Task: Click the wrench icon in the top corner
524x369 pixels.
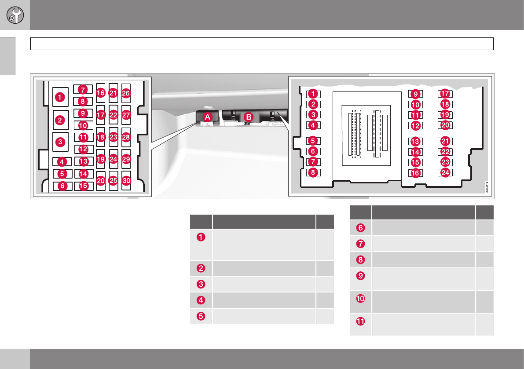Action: point(15,15)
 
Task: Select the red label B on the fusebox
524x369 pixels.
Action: point(249,117)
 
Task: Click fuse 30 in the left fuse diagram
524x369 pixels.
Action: point(126,181)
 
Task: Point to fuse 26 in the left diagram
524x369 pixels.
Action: point(126,93)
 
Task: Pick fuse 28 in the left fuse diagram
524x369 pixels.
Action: point(126,137)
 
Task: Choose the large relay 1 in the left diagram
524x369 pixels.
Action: point(61,97)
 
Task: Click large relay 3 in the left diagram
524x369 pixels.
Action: point(61,142)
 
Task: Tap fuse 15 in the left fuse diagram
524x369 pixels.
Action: point(83,186)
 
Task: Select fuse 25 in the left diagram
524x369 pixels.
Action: point(113,180)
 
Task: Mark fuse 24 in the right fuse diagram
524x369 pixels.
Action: point(445,172)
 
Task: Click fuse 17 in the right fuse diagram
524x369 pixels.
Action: point(445,93)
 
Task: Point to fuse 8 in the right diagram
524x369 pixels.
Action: point(313,172)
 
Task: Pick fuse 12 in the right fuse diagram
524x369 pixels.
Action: point(415,125)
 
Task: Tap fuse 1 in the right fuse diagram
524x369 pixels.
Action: point(313,93)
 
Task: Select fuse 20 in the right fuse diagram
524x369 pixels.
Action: point(445,125)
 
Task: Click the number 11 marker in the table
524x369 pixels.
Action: point(360,322)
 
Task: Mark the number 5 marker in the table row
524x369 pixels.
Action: point(201,315)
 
